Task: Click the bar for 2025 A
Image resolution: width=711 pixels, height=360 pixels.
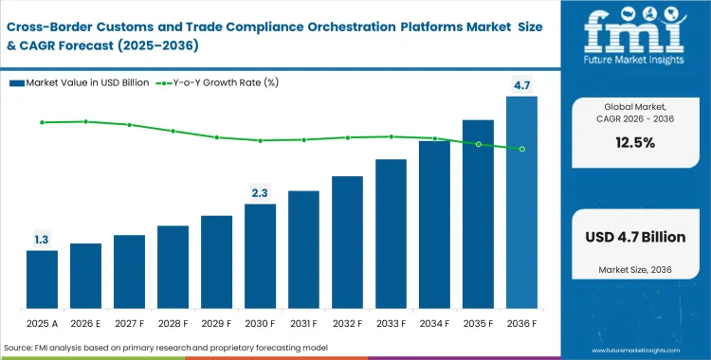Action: (42, 279)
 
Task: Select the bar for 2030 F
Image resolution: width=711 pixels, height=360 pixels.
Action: (260, 256)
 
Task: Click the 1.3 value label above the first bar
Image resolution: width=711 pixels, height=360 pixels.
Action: (42, 240)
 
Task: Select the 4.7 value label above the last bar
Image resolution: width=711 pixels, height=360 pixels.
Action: (521, 86)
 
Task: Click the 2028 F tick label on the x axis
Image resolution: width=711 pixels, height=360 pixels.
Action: (173, 322)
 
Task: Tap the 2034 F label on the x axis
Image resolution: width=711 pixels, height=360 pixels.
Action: (434, 322)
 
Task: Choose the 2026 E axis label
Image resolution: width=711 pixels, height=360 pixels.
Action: (85, 322)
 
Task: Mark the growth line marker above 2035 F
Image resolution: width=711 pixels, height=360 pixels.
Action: (478, 144)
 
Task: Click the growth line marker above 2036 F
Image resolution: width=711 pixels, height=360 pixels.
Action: (521, 149)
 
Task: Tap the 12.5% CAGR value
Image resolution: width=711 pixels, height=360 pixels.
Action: (634, 143)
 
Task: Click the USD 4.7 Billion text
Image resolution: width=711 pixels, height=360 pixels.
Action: (634, 238)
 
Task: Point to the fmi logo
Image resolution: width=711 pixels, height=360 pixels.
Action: (634, 38)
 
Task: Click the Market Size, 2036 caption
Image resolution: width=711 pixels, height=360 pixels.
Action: (634, 271)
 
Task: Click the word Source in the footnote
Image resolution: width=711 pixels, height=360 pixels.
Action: (21, 348)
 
